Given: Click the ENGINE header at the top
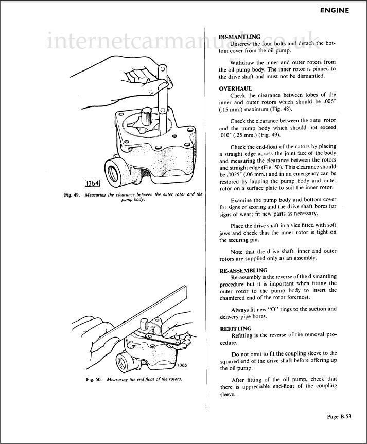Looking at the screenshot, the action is pyautogui.click(x=335, y=10).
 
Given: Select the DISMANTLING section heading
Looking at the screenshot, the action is pyautogui.click(x=239, y=37).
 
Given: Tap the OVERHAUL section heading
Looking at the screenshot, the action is pyautogui.click(x=236, y=88).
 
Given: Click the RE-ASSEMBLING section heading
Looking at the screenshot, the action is pyautogui.click(x=243, y=270).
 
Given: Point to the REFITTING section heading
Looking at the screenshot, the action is pyautogui.click(x=236, y=329).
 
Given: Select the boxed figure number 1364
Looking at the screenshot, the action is pyautogui.click(x=92, y=183).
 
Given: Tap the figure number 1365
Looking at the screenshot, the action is pyautogui.click(x=182, y=365).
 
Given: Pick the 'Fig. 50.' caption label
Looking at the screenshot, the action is pyautogui.click(x=94, y=379).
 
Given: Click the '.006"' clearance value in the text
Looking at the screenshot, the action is pyautogui.click(x=329, y=102).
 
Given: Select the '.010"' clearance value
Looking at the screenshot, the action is pyautogui.click(x=225, y=135).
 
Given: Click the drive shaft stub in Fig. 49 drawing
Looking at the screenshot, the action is pyautogui.click(x=147, y=116).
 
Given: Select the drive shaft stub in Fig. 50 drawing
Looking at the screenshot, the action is pyautogui.click(x=144, y=324).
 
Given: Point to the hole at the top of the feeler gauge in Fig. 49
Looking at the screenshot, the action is pyautogui.click(x=162, y=69).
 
